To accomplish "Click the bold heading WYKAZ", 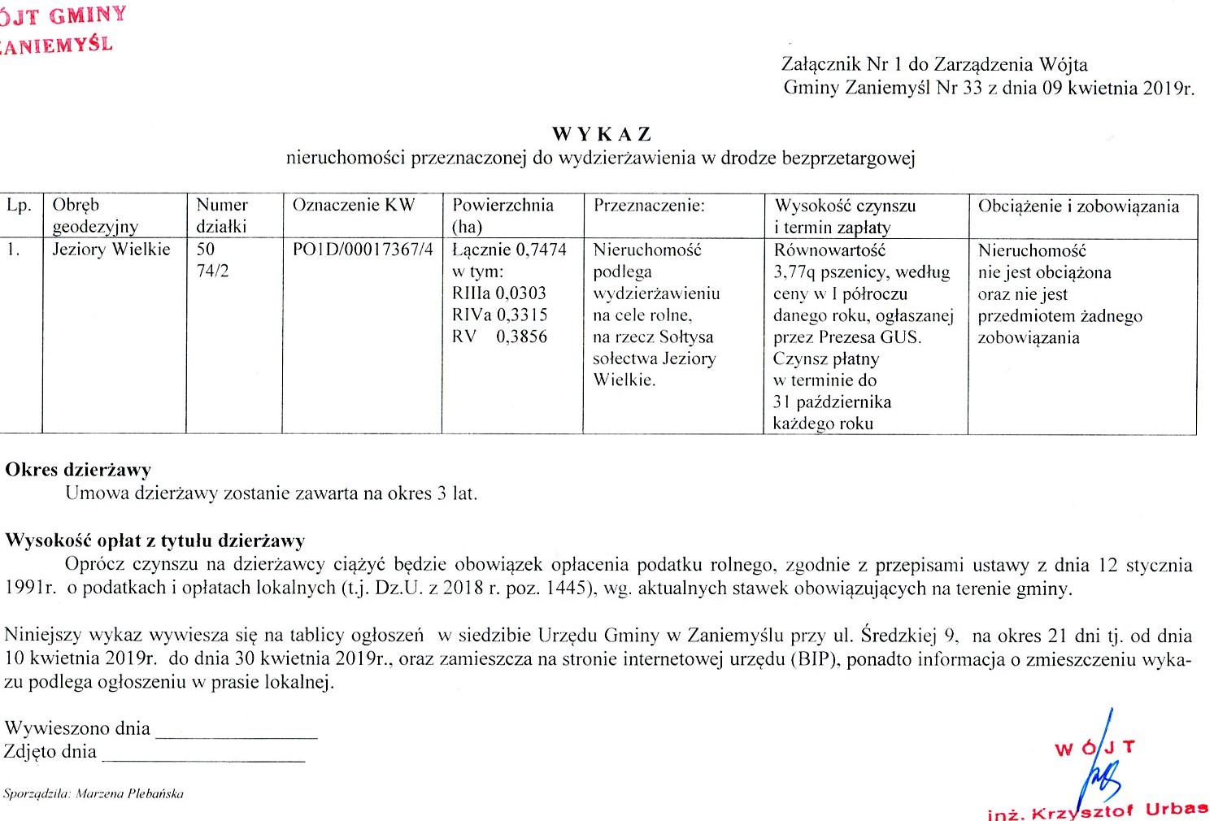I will click(602, 134).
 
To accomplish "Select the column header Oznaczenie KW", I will click(354, 206).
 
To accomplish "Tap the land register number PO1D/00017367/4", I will click(363, 250).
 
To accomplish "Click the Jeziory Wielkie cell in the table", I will click(111, 250).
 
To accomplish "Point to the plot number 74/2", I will click(212, 271).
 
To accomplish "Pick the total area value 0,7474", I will click(542, 250).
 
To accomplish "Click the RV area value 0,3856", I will click(521, 337).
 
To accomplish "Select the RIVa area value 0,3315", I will click(522, 315).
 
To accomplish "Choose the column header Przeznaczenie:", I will click(649, 206).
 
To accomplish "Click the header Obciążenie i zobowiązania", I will click(1078, 206).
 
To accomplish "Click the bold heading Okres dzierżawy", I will click(78, 470).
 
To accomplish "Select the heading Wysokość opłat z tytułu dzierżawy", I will click(154, 541).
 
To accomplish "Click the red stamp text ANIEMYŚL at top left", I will click(57, 44).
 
